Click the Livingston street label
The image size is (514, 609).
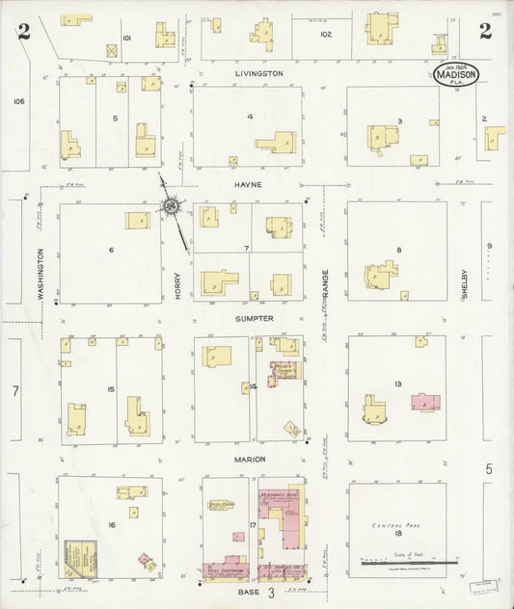259,73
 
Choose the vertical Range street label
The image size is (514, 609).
326,283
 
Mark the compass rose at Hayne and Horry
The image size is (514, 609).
172,204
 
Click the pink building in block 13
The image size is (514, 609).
425,404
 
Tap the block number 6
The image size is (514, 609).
112,251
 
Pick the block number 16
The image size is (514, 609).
112,524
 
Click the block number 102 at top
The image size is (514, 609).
326,34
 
